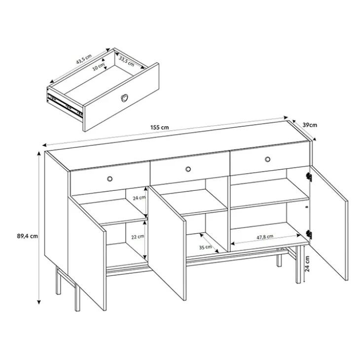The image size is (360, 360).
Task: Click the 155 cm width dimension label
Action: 159,127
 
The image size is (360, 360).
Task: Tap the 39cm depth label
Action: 310,125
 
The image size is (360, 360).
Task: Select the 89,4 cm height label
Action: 27,236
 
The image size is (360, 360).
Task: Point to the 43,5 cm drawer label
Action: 84,59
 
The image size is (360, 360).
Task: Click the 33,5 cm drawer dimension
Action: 127,61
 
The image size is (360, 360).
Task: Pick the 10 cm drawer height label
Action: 98,67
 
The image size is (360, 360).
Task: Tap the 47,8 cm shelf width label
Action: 265,237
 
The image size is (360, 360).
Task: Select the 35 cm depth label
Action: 205,247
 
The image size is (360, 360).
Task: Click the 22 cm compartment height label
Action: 138,237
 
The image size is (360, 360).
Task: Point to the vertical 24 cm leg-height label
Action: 307,263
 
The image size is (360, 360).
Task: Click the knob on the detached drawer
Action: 124,98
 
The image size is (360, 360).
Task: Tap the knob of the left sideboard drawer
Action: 110,179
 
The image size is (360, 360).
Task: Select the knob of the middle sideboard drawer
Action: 188,169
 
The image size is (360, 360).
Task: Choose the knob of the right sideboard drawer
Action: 267,159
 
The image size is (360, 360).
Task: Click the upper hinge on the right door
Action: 309,177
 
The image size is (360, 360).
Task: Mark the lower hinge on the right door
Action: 309,234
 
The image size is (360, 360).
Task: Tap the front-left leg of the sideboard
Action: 77,298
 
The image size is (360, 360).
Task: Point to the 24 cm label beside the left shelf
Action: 139,198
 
